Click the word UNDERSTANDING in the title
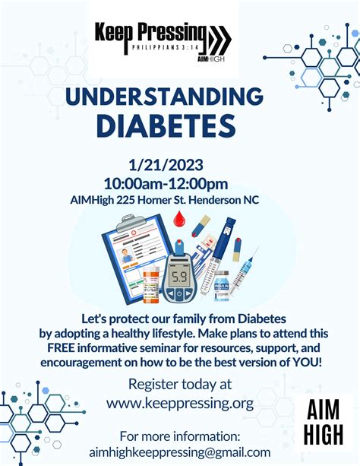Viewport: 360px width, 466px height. tap(164, 96)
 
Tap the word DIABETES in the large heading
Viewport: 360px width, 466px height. tap(166, 125)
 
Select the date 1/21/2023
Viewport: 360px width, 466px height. tap(166, 165)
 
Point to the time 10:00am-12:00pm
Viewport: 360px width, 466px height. tap(166, 184)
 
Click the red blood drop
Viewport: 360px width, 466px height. tap(179, 218)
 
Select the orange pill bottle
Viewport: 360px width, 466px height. tap(151, 285)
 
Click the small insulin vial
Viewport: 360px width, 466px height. tap(222, 286)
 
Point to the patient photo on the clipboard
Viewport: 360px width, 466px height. tap(127, 256)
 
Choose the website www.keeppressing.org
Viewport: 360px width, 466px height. tap(180, 404)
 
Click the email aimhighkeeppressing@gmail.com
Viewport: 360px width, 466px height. tap(180, 452)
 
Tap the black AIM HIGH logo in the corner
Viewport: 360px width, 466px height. tap(324, 422)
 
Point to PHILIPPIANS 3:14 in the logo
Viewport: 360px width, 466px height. tap(165, 47)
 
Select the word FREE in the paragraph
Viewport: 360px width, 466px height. tap(61, 347)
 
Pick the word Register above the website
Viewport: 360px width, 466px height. tap(153, 385)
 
